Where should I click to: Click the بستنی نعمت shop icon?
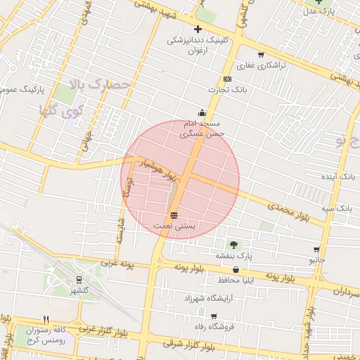click(x=174, y=215)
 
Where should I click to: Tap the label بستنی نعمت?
click(x=174, y=226)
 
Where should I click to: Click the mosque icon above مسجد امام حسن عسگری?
click(x=202, y=112)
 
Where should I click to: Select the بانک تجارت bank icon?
click(x=227, y=79)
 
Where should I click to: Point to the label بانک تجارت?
click(x=225, y=89)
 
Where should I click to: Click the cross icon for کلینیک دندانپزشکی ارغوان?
click(x=198, y=29)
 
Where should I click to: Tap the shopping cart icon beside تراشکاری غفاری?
click(x=261, y=55)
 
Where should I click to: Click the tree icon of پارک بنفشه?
click(x=233, y=244)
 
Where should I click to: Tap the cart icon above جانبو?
click(x=316, y=250)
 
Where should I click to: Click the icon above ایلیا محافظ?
click(x=236, y=269)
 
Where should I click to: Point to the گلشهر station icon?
click(x=78, y=279)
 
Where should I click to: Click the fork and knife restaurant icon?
click(x=46, y=319)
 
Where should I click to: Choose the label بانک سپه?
click(x=337, y=208)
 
